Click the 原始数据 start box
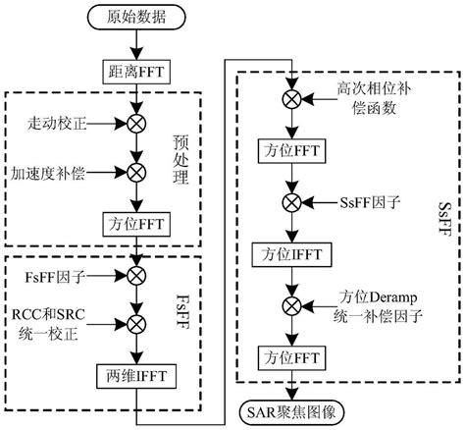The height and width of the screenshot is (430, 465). pyautogui.click(x=136, y=16)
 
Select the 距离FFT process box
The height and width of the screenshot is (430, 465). pyautogui.click(x=136, y=70)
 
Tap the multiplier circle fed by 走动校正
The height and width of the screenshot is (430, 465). pyautogui.click(x=136, y=124)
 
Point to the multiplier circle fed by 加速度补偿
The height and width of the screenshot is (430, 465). pyautogui.click(x=136, y=172)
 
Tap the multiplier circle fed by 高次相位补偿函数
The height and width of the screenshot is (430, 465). pyautogui.click(x=291, y=97)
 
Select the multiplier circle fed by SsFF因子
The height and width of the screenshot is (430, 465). pyautogui.click(x=291, y=203)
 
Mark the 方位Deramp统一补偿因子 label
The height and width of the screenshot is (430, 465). pyautogui.click(x=372, y=311)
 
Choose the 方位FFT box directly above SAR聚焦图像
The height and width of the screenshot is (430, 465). pyautogui.click(x=291, y=355)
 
